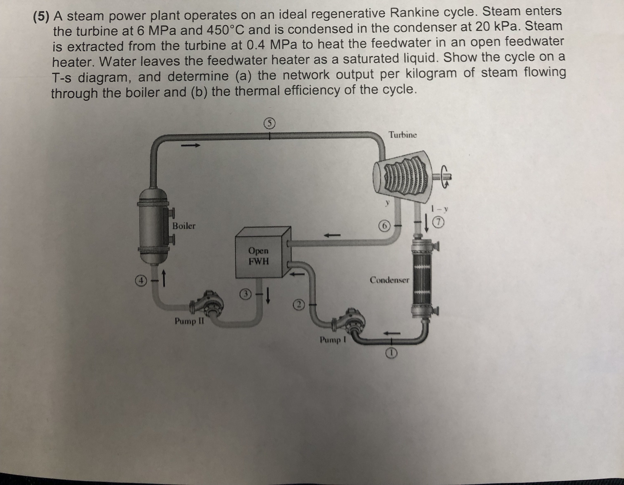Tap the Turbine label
[403, 135]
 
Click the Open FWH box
[259, 256]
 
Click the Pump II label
[189, 321]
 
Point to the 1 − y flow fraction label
[440, 209]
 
